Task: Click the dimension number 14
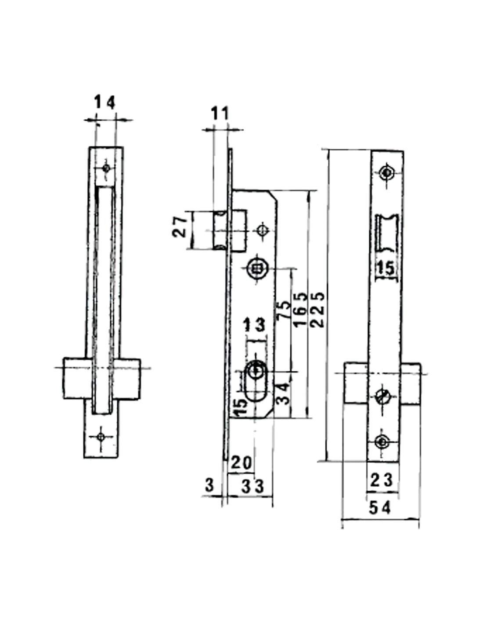pyautogui.click(x=105, y=102)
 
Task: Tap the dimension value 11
pyautogui.click(x=220, y=114)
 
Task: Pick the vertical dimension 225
pyautogui.click(x=318, y=310)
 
